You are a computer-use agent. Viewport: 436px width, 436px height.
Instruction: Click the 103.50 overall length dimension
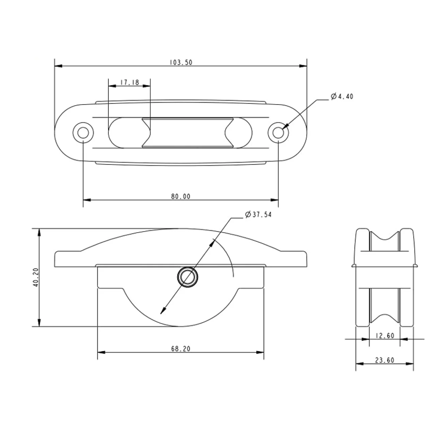pos(181,62)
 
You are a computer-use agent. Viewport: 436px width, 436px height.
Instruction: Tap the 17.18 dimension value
pos(130,82)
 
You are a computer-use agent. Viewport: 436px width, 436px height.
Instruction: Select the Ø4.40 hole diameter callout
pos(342,96)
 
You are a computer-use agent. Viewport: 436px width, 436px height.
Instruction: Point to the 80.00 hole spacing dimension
pos(181,197)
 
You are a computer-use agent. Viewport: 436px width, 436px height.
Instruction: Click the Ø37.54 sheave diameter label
pos(258,215)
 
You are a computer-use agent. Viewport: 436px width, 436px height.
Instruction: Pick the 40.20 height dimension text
pos(36,278)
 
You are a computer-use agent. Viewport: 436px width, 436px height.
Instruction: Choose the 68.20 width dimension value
pos(181,349)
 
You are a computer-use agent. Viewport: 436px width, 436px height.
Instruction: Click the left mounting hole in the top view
pos(83,133)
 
